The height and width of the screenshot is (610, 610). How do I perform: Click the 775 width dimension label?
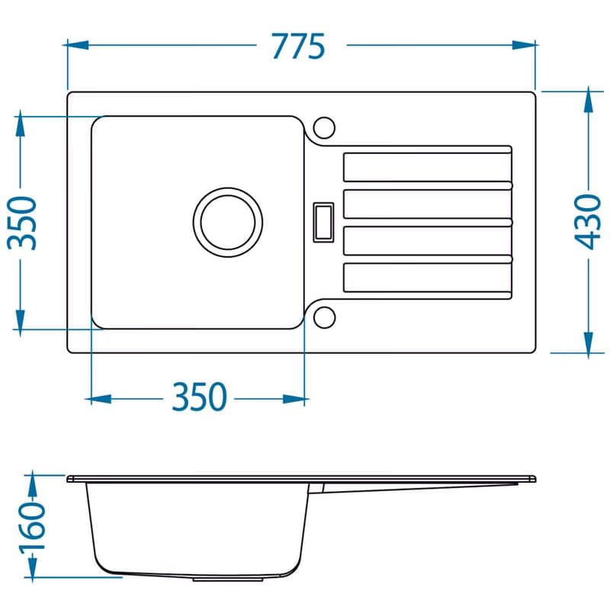point(298,47)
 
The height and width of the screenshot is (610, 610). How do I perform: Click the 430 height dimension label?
point(588,222)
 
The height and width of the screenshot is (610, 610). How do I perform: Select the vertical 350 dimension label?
point(22,223)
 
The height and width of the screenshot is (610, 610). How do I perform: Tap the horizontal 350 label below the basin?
point(199,396)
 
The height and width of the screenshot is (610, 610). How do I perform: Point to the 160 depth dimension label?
point(33,525)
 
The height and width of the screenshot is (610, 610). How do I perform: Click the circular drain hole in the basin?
point(228,223)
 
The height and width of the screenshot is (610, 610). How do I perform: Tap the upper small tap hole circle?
point(324,127)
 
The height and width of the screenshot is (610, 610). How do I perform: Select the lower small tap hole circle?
point(324,317)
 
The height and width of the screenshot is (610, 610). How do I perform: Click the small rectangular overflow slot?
point(323,223)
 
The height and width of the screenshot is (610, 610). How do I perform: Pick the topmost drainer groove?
point(428,167)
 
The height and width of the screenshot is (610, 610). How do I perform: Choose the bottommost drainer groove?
point(428,278)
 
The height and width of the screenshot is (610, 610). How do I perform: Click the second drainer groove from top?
point(428,204)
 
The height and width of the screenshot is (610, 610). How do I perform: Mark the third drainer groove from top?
point(428,241)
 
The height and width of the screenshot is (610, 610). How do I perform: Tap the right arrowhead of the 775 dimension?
point(525,45)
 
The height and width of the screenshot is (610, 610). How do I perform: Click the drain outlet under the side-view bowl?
point(228,579)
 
